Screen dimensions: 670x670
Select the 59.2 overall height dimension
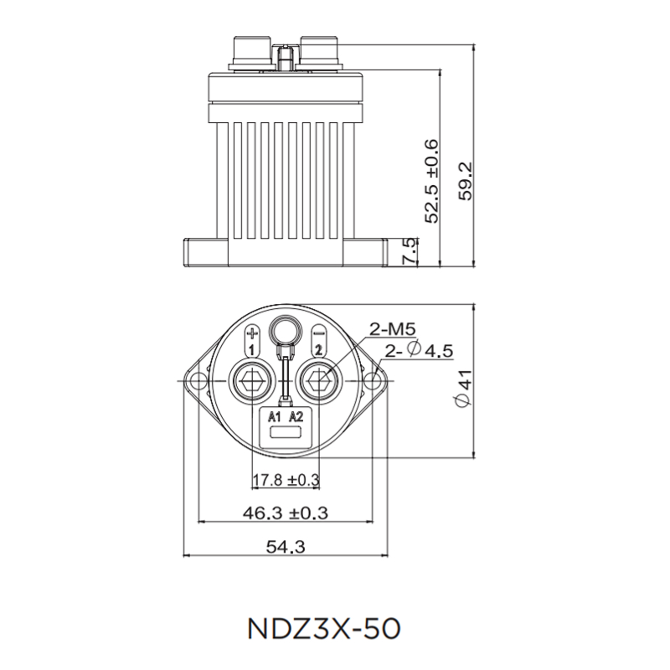tap(467, 181)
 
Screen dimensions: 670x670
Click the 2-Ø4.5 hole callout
tap(419, 351)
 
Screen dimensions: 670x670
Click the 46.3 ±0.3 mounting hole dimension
tap(286, 513)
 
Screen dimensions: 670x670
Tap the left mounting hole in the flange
tap(198, 383)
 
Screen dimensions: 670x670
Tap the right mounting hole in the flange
tap(374, 383)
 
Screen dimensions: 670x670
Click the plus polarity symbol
tap(252, 332)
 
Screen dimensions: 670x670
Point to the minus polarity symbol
tap(318, 332)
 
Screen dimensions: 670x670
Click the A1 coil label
tap(275, 416)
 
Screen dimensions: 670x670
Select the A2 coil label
tap(296, 416)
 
